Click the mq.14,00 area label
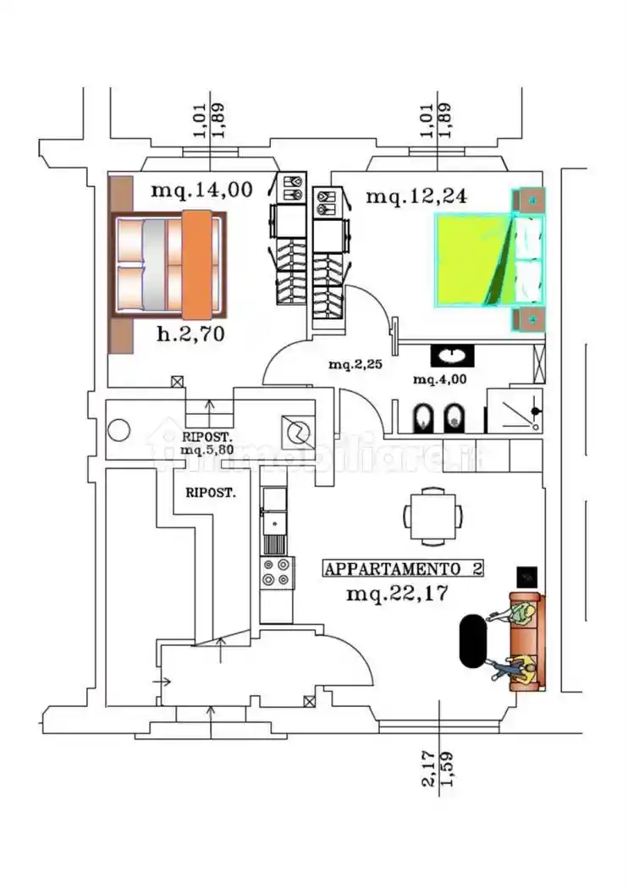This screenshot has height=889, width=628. pos(201,190)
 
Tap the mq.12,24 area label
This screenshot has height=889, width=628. pos(416,196)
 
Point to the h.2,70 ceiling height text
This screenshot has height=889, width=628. pos(190,334)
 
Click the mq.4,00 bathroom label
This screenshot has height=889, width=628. pos(439,378)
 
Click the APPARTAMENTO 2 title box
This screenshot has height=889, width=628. pos(404,569)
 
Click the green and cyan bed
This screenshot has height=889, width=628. pos(489,259)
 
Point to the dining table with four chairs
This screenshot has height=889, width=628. pos(433,513)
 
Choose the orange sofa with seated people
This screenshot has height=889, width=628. pos(526,643)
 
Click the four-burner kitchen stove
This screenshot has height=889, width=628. pos(277,572)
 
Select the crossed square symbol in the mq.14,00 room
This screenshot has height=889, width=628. pos(177,382)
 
